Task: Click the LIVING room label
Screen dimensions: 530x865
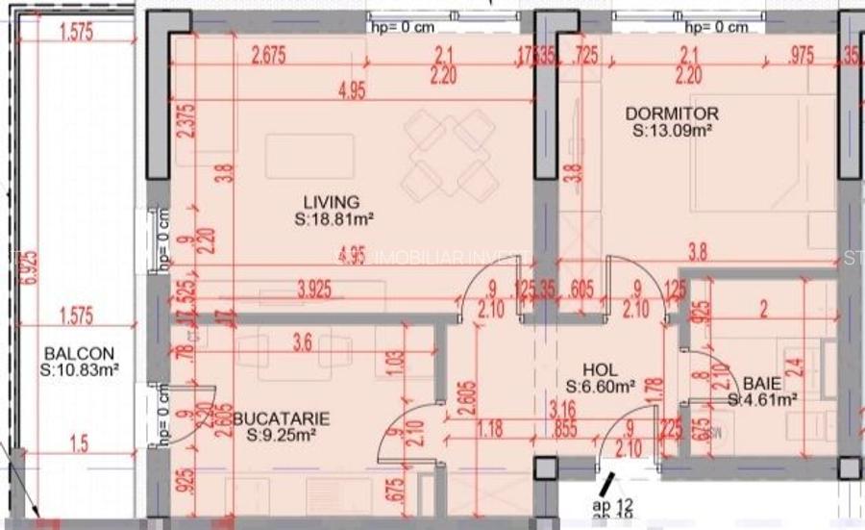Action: coord(332,202)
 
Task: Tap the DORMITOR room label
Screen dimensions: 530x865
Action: coord(672,114)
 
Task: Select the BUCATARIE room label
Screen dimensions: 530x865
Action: coord(287,418)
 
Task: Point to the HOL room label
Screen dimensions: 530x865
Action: coord(601,369)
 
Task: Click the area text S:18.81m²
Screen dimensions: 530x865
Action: coord(334,218)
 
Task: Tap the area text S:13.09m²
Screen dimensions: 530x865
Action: coord(672,130)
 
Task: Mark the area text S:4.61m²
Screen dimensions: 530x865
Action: coord(764,398)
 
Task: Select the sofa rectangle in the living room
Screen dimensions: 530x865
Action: coord(309,156)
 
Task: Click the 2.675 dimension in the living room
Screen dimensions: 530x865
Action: coord(270,57)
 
